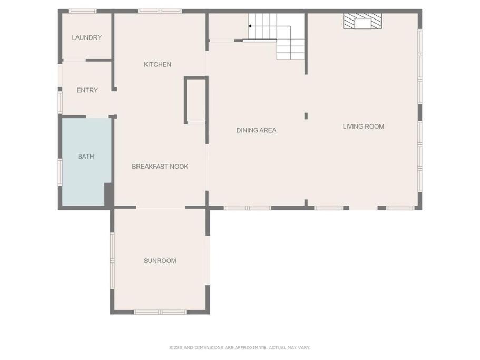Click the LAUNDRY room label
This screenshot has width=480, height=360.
click(x=86, y=37)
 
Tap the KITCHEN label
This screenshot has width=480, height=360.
click(x=158, y=64)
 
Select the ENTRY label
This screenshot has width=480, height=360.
click(x=87, y=90)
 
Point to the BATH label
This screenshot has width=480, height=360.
click(x=86, y=157)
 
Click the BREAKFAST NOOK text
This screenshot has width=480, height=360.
click(x=160, y=167)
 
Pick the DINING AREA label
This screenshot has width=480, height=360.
click(x=256, y=130)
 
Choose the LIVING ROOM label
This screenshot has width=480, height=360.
click(x=364, y=127)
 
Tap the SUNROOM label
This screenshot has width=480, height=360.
click(x=160, y=261)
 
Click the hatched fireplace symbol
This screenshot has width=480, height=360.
click(x=363, y=21)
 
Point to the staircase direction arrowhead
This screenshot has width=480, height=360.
click(x=250, y=26)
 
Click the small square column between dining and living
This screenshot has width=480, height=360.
click(x=306, y=116)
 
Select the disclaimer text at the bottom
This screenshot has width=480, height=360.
click(x=240, y=347)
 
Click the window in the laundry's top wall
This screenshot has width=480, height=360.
click(x=83, y=11)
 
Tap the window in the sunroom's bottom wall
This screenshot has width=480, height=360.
click(x=160, y=312)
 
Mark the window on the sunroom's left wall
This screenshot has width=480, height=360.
click(x=112, y=260)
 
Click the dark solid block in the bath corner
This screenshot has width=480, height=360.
click(x=109, y=194)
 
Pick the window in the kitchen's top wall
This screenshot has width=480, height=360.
click(x=160, y=11)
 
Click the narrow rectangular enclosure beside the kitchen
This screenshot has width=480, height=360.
click(x=196, y=100)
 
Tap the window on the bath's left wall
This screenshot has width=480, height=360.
click(x=60, y=172)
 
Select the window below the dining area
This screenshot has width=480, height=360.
click(x=247, y=208)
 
